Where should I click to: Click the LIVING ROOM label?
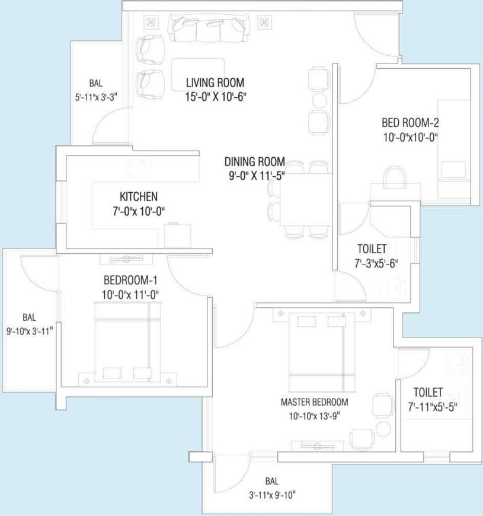pyautogui.click(x=215, y=82)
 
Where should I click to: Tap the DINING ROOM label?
pyautogui.click(x=255, y=161)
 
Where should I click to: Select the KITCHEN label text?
pyautogui.click(x=138, y=196)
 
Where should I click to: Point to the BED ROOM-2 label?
pyautogui.click(x=410, y=123)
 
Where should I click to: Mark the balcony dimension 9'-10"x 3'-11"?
pyautogui.click(x=30, y=330)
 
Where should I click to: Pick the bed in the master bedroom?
pyautogui.click(x=317, y=351)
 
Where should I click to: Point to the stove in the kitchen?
pyautogui.click(x=137, y=168)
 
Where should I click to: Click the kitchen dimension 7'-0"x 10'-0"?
pyautogui.click(x=138, y=211)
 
